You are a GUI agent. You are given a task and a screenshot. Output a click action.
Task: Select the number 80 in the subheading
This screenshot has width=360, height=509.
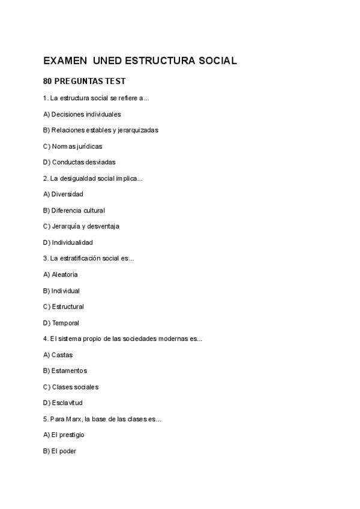(x=48, y=82)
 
